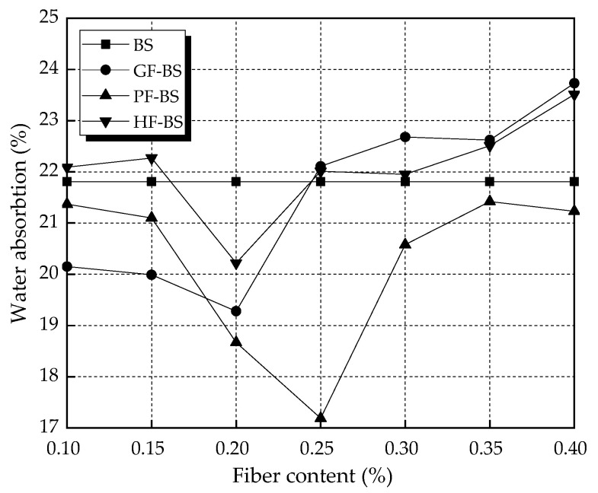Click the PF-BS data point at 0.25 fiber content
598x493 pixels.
pos(321,417)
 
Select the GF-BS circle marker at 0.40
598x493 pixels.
pos(574,83)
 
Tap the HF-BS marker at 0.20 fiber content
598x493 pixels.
pos(236,264)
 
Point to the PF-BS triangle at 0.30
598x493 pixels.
pos(405,243)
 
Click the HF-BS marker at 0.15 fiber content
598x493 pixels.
pos(152,159)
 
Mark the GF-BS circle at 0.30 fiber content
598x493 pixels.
pos(405,137)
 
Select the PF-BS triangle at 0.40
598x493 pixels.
pos(574,210)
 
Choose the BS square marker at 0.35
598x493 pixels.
pos(490,181)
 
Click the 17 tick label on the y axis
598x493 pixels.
pos(48,428)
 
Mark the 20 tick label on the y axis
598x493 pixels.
pos(48,274)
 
